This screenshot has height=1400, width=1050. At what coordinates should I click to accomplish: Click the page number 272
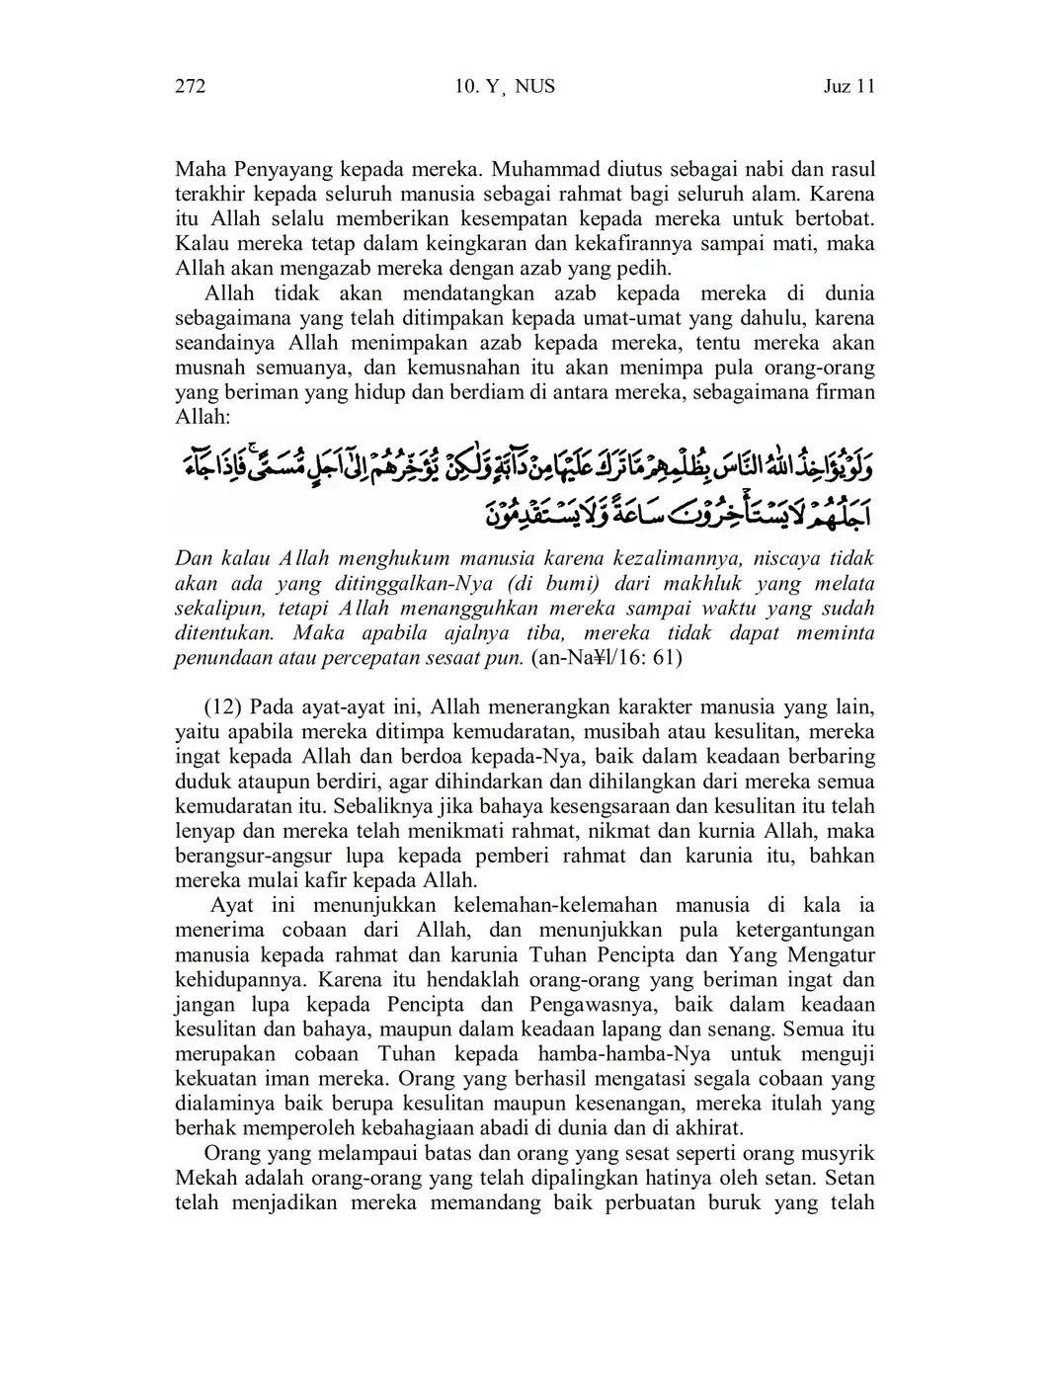pyautogui.click(x=190, y=87)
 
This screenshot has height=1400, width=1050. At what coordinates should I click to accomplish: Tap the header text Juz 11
pyautogui.click(x=849, y=87)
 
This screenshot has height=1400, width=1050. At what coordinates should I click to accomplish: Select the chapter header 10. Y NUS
pyautogui.click(x=505, y=87)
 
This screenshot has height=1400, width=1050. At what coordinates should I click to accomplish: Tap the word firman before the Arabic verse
pyautogui.click(x=843, y=393)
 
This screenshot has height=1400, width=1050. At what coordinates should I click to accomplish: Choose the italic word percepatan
pyautogui.click(x=368, y=657)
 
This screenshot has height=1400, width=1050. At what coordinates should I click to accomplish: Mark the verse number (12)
pyautogui.click(x=223, y=707)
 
